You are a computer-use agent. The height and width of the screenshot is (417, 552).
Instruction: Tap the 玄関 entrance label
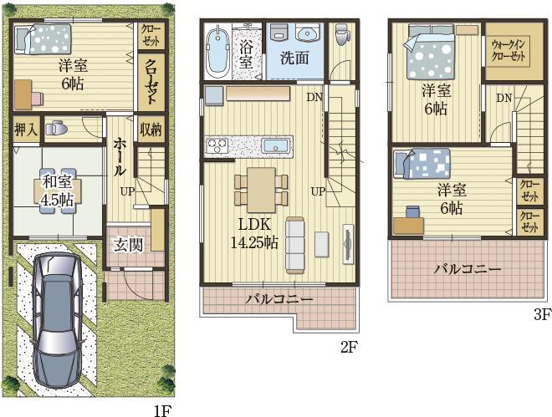pos(129,245)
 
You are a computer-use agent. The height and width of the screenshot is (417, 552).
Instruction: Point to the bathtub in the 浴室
pos(217,52)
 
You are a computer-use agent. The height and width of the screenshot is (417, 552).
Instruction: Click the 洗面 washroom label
pos(295,58)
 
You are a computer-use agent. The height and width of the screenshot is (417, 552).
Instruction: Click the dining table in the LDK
pos(261,190)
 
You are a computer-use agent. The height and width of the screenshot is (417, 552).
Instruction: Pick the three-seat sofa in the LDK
pos(295,245)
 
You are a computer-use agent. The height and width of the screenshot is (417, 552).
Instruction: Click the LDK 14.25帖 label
pos(254,233)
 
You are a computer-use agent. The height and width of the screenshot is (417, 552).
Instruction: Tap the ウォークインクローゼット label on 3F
pos(509,50)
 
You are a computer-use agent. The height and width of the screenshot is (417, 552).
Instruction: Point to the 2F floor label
pos(349,348)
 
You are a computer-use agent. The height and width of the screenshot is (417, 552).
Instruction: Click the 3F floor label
pos(542,315)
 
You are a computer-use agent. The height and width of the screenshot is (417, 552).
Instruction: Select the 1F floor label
pos(162,410)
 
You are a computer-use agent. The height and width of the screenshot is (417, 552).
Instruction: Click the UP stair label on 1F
pos(127,191)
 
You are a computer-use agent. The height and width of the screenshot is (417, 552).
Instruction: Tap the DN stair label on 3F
pos(504,98)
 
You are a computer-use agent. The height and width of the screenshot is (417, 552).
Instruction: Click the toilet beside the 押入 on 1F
pos(56,128)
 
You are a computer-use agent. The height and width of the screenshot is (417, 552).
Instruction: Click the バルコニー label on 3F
pos(467,270)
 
